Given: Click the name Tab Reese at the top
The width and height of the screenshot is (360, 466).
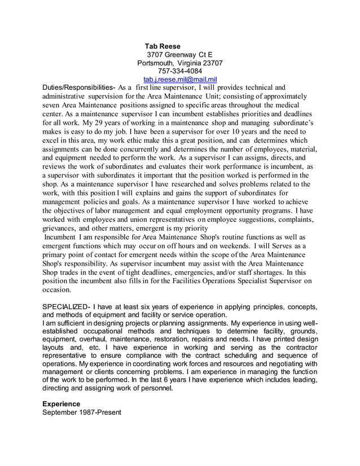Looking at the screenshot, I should [x=163, y=46].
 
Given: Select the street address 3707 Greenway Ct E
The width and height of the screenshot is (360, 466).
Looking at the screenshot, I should [x=180, y=55].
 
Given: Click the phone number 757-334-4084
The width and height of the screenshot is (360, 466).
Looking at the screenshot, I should [x=180, y=71].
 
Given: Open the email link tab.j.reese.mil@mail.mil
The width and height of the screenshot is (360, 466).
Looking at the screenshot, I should [x=180, y=80].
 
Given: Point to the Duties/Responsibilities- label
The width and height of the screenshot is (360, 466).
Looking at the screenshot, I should [x=80, y=88].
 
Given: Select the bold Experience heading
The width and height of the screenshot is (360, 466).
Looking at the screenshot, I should [x=62, y=404].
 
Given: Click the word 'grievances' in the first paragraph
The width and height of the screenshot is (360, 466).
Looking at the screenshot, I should [x=60, y=228].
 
